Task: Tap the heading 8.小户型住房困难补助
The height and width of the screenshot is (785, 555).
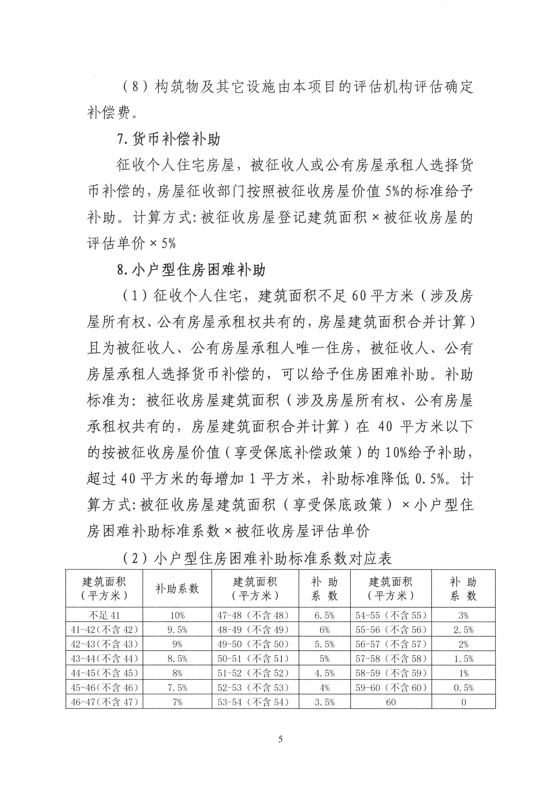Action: pos(191,270)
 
